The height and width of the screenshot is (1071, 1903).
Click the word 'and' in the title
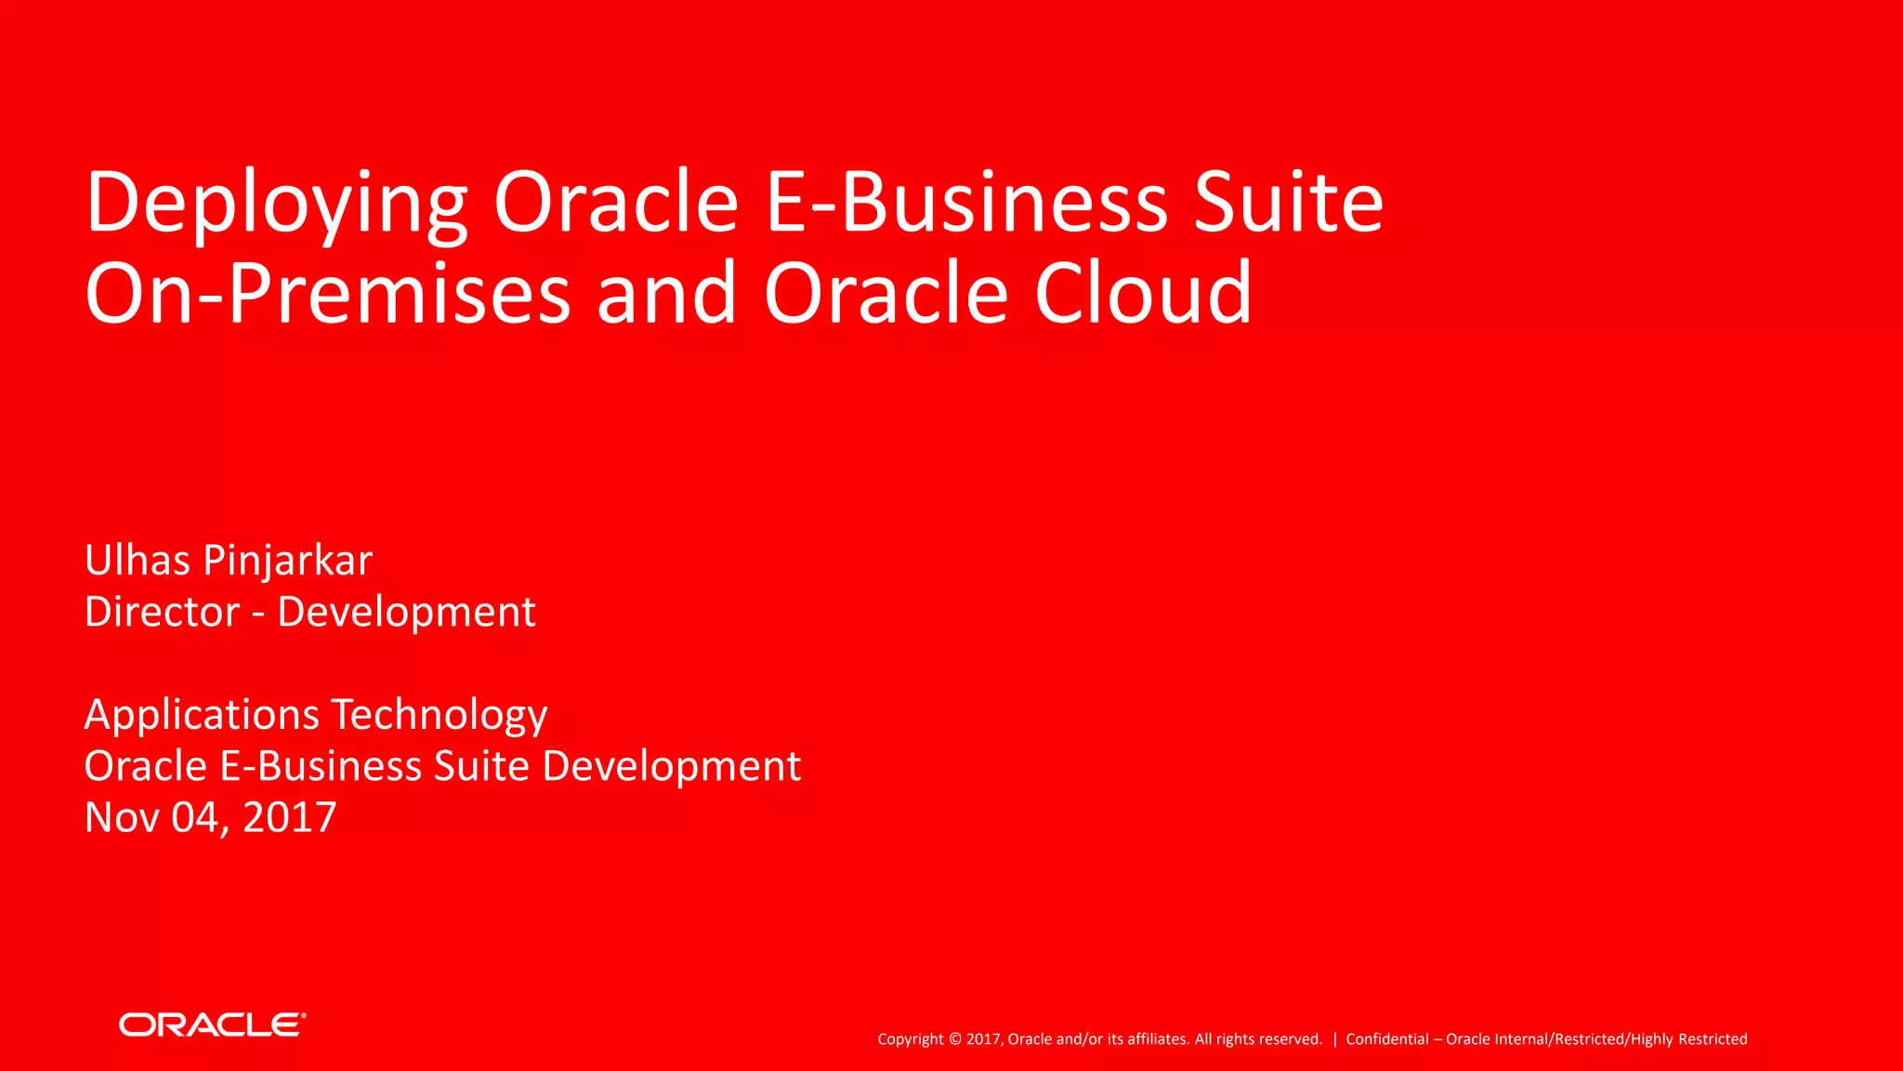666,294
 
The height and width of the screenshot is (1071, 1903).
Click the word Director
162,612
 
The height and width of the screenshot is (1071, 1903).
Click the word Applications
202,716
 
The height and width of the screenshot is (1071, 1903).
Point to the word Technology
440,716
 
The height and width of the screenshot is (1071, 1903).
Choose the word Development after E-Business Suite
671,767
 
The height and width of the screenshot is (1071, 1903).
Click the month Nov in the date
121,818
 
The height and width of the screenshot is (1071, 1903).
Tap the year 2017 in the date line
289,818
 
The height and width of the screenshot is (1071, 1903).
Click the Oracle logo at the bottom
212,1025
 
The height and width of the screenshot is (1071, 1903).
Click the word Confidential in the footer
1386,1039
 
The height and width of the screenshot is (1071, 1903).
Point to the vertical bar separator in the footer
1334,1039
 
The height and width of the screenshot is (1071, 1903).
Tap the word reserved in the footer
1291,1039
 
